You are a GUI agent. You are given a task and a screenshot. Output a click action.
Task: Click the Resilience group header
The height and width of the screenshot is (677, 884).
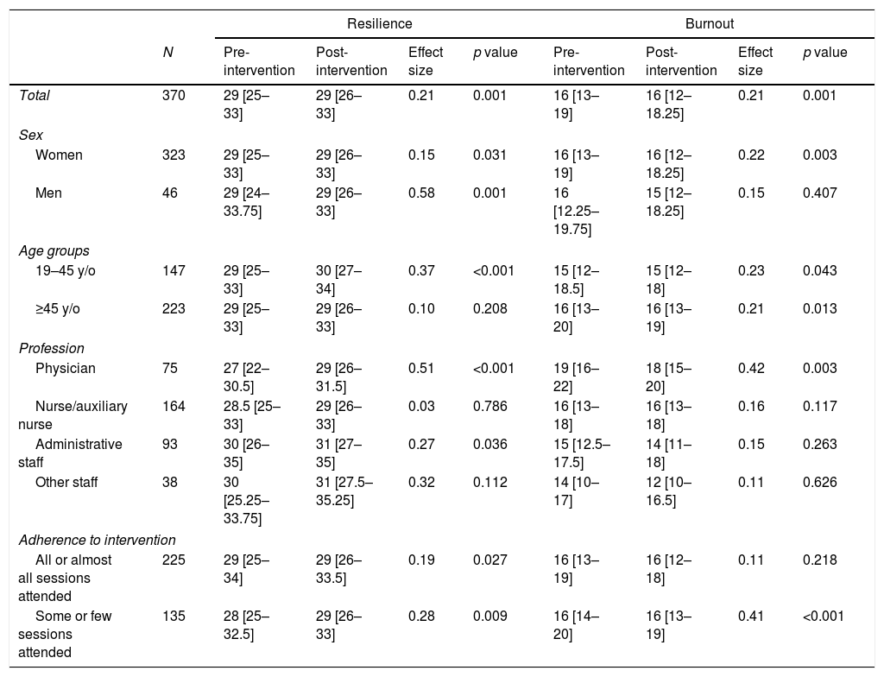380,23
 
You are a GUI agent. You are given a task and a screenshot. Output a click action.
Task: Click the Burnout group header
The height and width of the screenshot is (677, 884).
710,23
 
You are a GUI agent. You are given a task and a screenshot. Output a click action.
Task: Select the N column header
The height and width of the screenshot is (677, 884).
167,53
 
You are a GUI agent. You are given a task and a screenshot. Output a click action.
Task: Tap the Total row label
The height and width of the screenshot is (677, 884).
35,95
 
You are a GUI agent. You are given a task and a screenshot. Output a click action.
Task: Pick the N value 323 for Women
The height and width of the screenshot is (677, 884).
174,155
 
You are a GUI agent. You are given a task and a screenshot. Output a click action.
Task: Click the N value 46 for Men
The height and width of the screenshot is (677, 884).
170,193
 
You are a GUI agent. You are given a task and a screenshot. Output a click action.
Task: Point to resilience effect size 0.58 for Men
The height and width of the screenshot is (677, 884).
421,193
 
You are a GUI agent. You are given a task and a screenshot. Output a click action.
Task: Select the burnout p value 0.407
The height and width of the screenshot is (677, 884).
820,193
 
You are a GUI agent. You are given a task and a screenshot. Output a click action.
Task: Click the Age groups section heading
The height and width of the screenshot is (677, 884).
54,251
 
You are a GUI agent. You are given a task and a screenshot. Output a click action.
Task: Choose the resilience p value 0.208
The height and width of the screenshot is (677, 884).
490,308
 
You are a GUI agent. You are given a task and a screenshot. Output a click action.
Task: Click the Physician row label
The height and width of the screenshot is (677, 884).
66,369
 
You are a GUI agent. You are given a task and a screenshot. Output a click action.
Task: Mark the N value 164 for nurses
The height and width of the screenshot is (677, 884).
174,406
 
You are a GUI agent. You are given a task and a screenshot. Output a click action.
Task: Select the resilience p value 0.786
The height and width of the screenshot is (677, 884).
490,406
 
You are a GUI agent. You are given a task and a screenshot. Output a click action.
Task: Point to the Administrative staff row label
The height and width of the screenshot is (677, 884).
71,453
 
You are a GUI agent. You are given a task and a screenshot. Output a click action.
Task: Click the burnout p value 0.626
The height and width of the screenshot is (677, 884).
820,483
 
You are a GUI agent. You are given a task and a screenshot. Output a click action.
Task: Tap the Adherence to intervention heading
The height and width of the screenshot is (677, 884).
97,541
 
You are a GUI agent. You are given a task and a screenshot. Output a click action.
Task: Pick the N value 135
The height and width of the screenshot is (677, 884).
174,616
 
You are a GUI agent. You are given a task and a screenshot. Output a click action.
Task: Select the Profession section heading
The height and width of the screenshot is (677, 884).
51,349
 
